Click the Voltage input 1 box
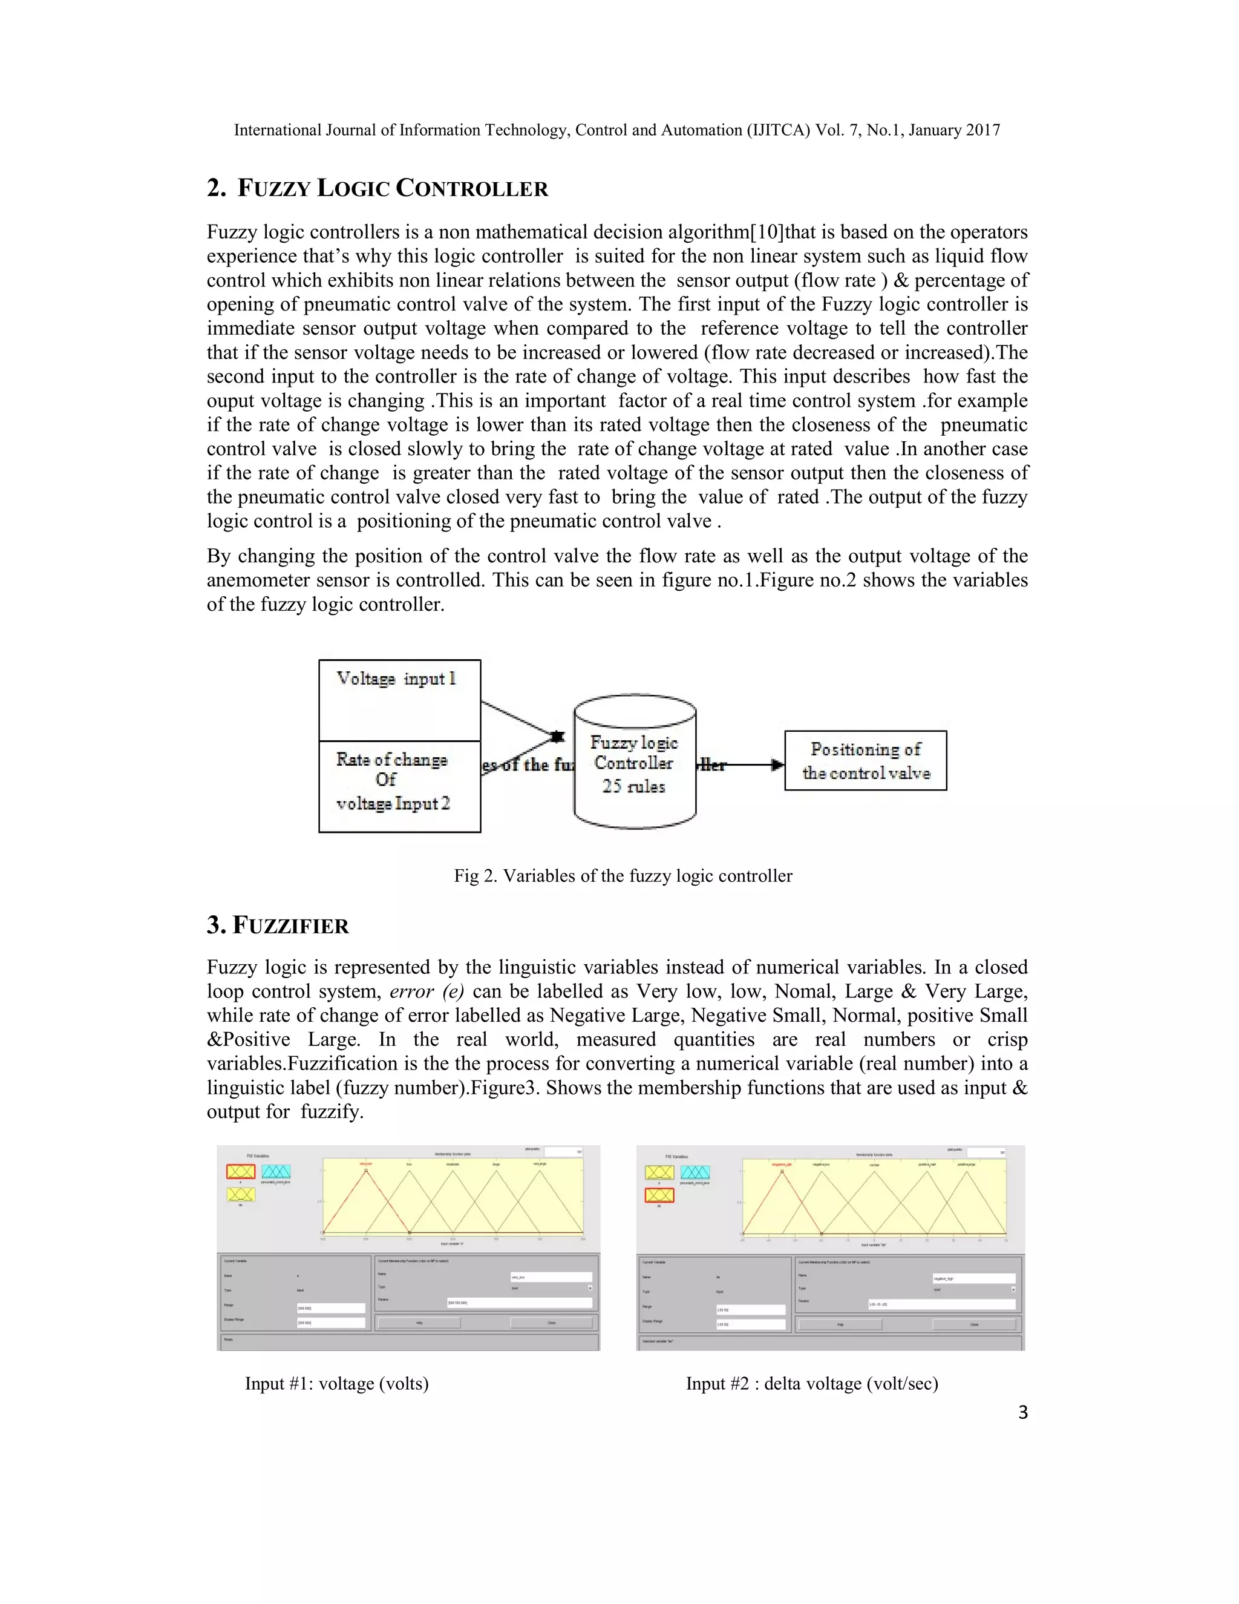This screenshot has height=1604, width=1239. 399,699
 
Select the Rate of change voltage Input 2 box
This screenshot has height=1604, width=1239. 399,786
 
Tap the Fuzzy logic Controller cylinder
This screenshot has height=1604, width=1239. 634,764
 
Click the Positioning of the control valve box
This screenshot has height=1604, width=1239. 865,760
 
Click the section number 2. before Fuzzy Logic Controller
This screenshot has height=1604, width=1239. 217,189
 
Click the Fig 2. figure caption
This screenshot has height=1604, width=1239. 623,875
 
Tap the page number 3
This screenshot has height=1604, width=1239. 1022,1412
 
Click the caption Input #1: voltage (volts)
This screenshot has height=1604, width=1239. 336,1384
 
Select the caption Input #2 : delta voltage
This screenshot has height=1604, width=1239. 812,1384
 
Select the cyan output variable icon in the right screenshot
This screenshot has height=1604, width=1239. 695,1172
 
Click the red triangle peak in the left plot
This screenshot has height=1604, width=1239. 365,1170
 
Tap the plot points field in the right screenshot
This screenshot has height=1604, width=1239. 985,1152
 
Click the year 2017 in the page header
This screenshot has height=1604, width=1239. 983,130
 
